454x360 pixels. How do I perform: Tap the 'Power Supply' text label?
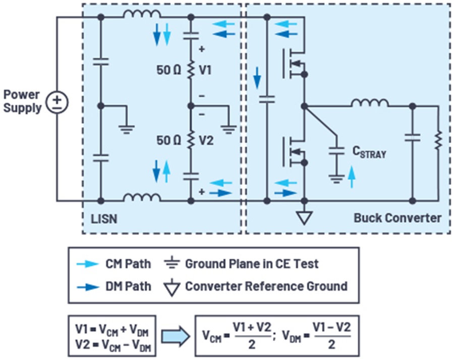click(x=23, y=101)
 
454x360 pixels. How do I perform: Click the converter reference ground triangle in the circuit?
click(x=305, y=217)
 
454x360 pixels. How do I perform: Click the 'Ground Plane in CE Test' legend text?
click(x=252, y=264)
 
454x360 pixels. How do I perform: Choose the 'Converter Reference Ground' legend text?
click(x=266, y=286)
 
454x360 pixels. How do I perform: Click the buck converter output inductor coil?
click(x=370, y=103)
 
